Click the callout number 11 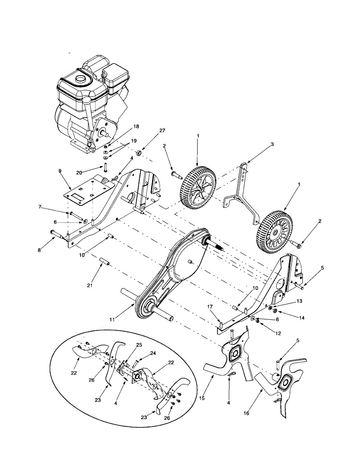[112, 320]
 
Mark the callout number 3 [272, 144]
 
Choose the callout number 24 [153, 354]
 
